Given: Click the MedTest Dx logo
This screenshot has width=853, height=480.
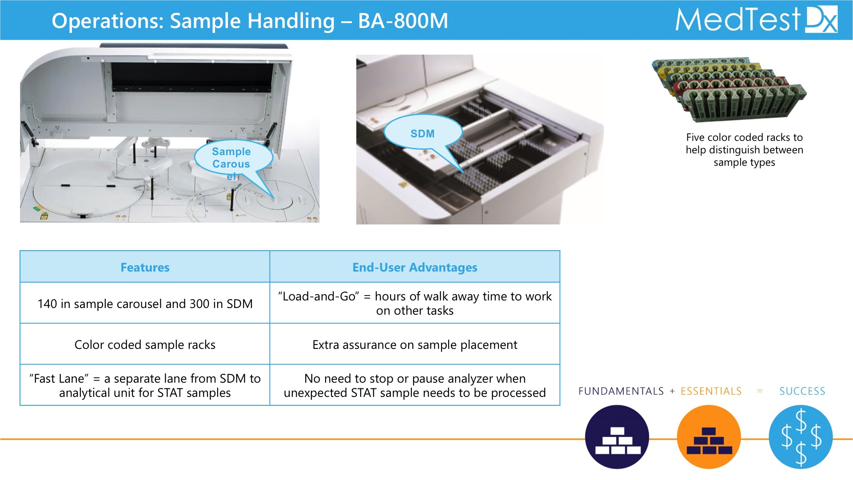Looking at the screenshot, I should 756,20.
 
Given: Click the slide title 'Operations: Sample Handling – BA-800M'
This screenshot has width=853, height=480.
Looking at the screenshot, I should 250,21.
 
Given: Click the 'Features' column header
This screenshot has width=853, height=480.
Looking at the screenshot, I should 145,267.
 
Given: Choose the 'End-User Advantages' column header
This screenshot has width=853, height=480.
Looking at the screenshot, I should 415,267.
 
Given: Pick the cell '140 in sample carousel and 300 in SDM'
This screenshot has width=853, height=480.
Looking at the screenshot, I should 145,304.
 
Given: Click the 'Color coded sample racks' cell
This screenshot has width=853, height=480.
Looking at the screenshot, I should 145,344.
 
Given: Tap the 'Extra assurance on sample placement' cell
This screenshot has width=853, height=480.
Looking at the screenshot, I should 415,344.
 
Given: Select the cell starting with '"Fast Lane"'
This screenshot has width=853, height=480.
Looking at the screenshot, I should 145,385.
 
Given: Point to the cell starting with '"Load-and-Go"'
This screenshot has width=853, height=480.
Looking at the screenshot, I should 415,303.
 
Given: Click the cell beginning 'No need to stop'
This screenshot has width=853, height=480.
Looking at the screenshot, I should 415,385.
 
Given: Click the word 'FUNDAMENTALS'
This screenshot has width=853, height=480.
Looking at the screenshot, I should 621,391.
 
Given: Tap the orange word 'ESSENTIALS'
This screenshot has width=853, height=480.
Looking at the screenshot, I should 711,391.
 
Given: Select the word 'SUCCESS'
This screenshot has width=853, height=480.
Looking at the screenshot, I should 802,391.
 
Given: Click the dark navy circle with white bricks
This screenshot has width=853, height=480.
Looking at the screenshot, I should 617,437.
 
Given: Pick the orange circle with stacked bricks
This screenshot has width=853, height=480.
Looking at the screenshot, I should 709,437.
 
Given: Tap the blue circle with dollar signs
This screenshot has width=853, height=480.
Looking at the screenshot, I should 801,437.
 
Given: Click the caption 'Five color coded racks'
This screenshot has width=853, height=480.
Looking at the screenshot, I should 744,150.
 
